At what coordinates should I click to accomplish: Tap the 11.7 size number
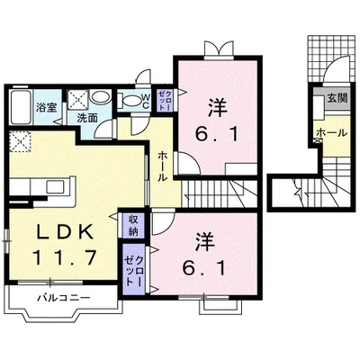coord(65,257)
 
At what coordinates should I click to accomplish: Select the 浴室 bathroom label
coord(47,108)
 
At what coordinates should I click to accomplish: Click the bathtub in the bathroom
coord(21,107)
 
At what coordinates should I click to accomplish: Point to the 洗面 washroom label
coord(87,119)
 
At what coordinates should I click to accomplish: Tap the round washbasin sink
coord(100,97)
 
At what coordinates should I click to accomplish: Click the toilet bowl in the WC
coord(130,101)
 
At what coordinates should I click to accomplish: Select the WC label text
coord(146,102)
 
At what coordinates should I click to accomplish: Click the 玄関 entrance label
coord(337,98)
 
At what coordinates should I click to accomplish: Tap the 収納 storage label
coord(133,226)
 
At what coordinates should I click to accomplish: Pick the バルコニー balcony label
coord(64,298)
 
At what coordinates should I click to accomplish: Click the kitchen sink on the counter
coord(56,187)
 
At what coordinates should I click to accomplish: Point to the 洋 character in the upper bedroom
coord(218,108)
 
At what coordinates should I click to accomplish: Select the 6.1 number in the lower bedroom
coord(203,268)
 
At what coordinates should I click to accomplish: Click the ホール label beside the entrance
coord(332,132)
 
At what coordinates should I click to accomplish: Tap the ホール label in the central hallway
coord(162,166)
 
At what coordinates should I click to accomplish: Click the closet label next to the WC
coord(165,101)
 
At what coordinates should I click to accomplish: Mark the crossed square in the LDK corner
coord(20,141)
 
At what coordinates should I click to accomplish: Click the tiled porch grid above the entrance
coord(328,57)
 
